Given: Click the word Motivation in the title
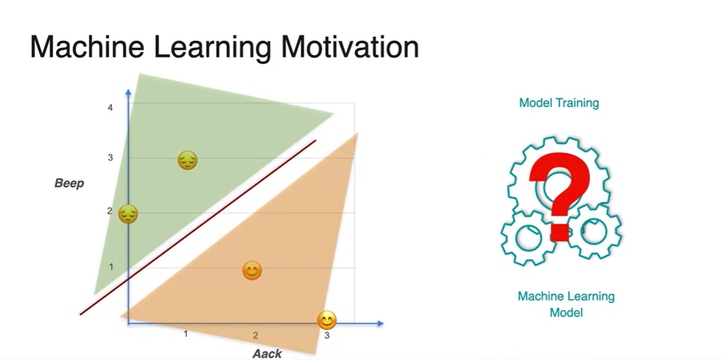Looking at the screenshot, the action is click(x=350, y=47).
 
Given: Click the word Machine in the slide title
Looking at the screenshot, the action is click(x=87, y=47).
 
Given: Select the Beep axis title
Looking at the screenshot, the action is click(x=69, y=184).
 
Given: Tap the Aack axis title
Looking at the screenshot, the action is click(x=267, y=353).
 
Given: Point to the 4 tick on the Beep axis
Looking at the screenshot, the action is click(x=110, y=108).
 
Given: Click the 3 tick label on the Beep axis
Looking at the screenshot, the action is click(x=110, y=158).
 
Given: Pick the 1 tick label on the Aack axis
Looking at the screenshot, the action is click(x=186, y=334).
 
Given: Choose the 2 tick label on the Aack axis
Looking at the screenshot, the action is click(x=256, y=335).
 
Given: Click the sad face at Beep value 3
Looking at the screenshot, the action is click(x=187, y=160).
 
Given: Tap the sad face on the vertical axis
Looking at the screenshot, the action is click(x=128, y=214).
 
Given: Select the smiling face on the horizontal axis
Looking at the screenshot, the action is click(x=326, y=320).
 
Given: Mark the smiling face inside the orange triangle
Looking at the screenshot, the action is click(x=252, y=270).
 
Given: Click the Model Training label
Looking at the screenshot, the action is click(x=559, y=103).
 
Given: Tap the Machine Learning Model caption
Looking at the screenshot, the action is click(x=566, y=304).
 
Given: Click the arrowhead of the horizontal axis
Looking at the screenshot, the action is click(x=380, y=323).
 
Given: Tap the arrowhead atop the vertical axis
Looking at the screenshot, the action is click(x=129, y=92).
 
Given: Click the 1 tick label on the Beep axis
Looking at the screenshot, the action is click(x=111, y=267).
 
